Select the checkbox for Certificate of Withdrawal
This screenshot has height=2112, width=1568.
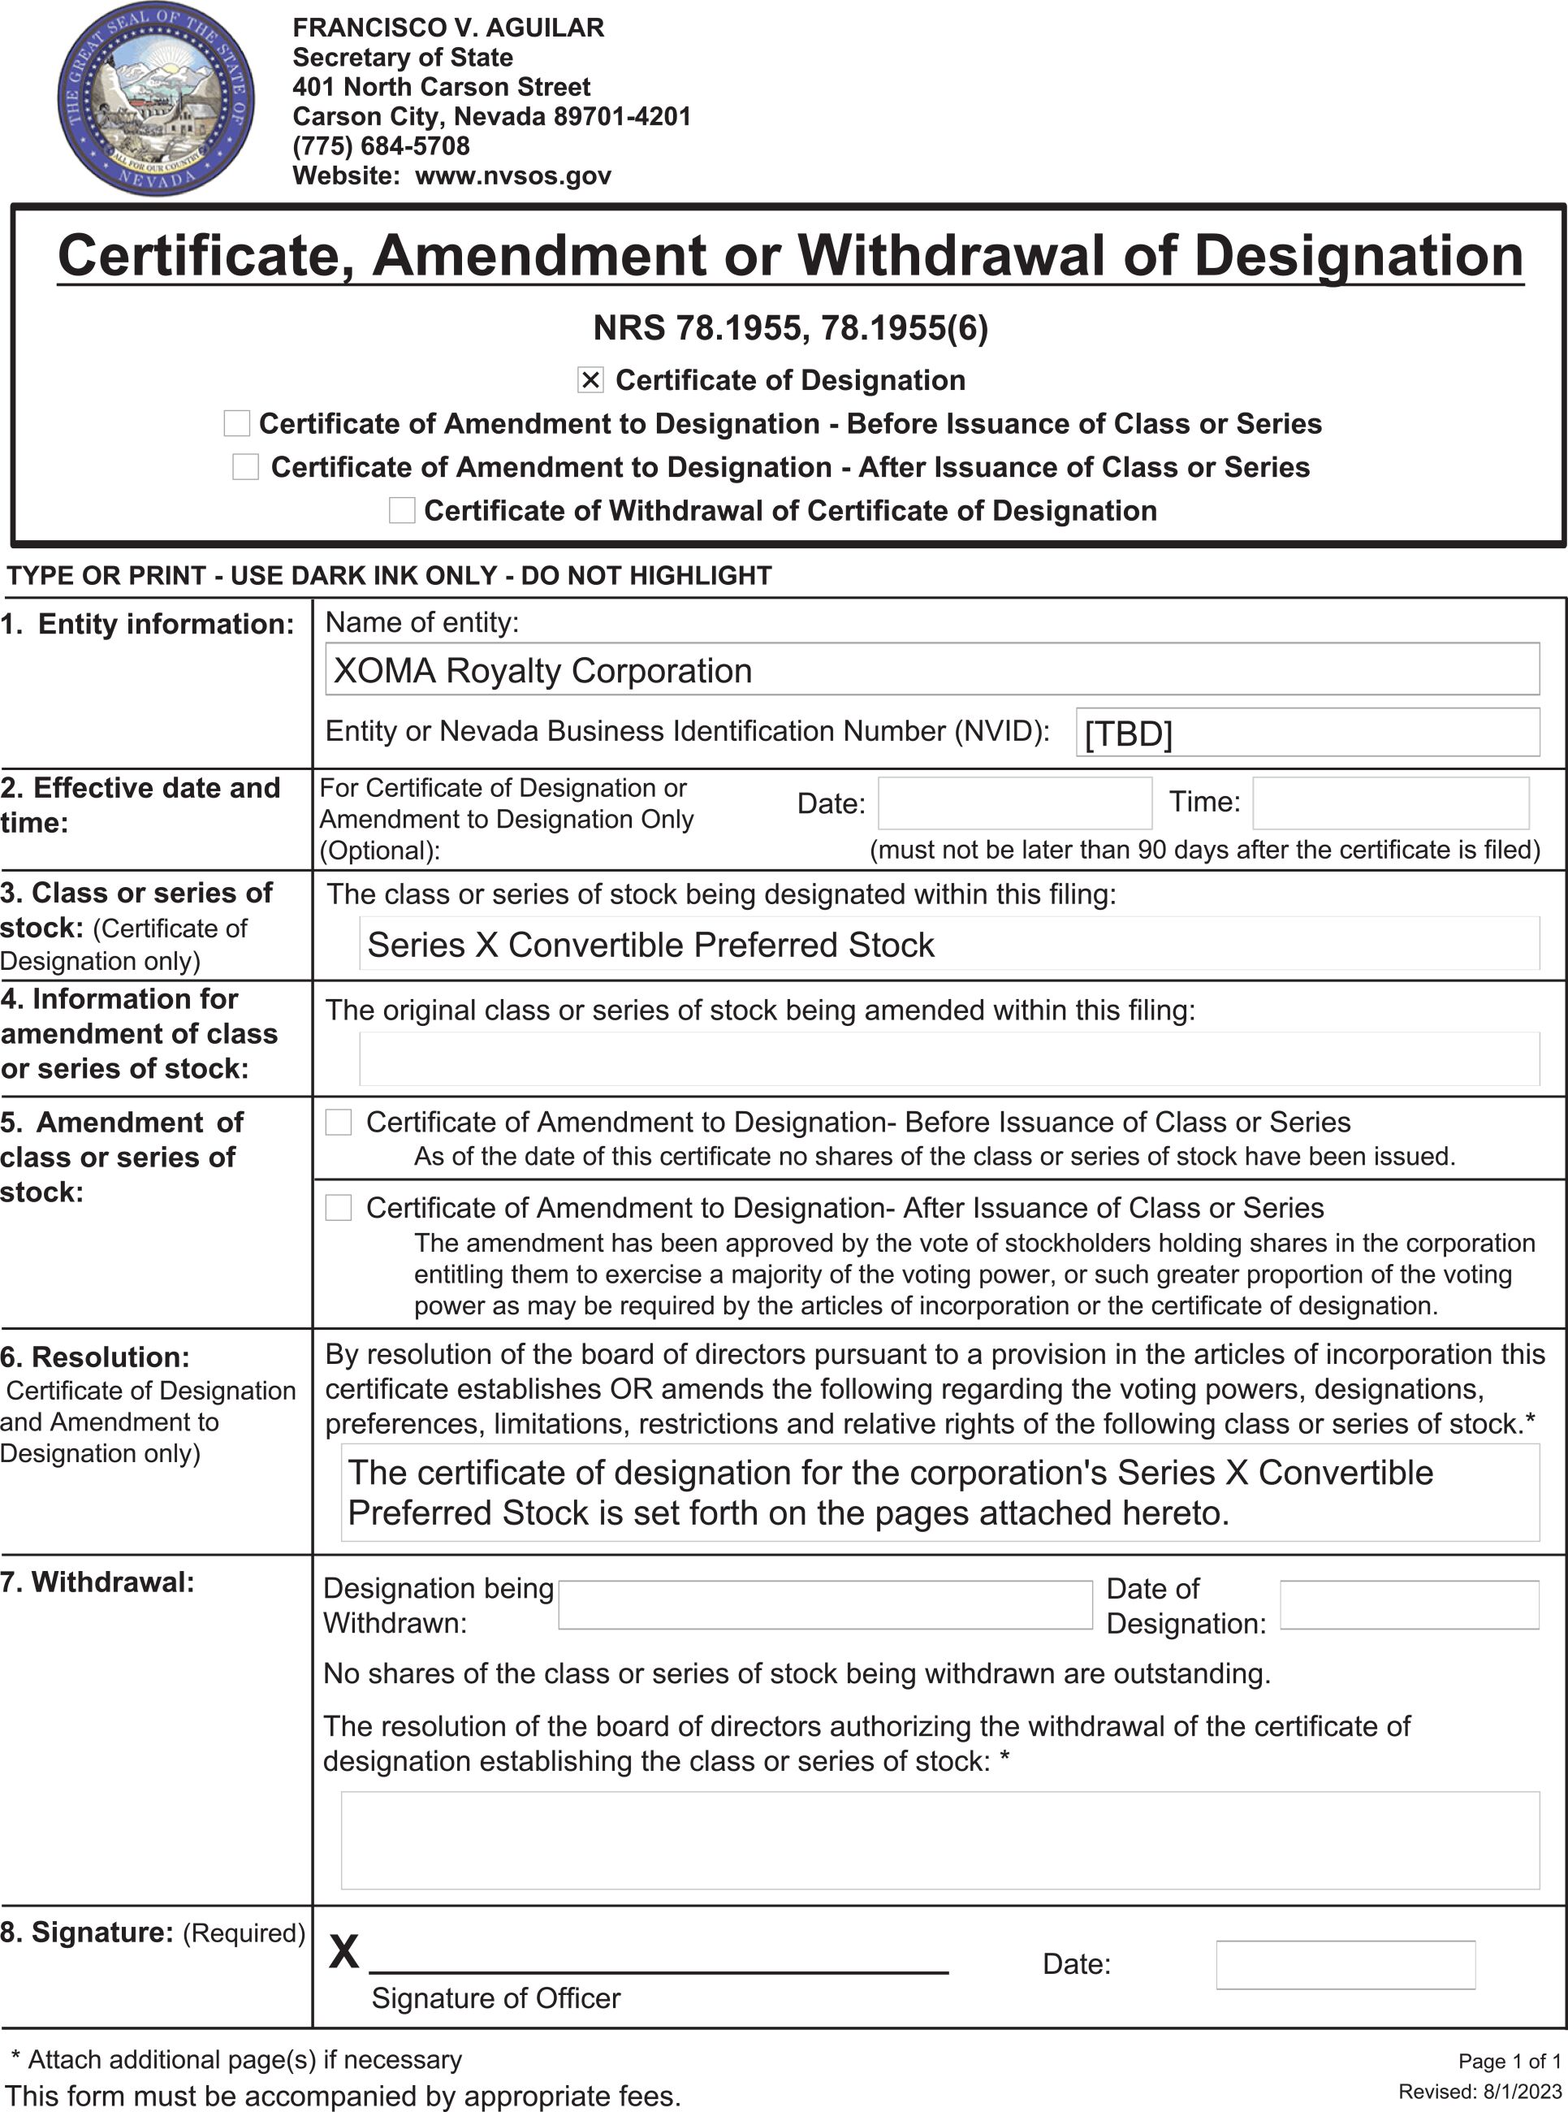click(401, 511)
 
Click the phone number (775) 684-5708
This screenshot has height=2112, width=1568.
click(381, 146)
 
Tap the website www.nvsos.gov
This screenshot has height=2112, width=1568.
click(512, 175)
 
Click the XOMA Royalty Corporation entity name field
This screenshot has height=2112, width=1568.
click(931, 670)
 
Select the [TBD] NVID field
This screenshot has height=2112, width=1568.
click(1307, 733)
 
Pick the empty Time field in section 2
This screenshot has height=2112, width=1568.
click(1389, 803)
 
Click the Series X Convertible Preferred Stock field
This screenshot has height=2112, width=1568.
click(948, 945)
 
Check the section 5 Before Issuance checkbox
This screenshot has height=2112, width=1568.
click(338, 1122)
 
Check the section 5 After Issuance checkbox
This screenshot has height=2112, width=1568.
click(338, 1207)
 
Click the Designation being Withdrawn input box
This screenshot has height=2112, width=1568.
click(825, 1604)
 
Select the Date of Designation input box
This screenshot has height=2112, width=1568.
click(1409, 1604)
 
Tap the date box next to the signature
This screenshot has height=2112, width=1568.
click(1345, 1965)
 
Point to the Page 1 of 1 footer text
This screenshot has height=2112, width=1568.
click(1510, 2061)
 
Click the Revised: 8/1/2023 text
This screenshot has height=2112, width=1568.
click(1479, 2091)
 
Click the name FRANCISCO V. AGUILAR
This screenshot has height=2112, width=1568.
click(448, 28)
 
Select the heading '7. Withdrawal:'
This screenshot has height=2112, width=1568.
click(97, 1582)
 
